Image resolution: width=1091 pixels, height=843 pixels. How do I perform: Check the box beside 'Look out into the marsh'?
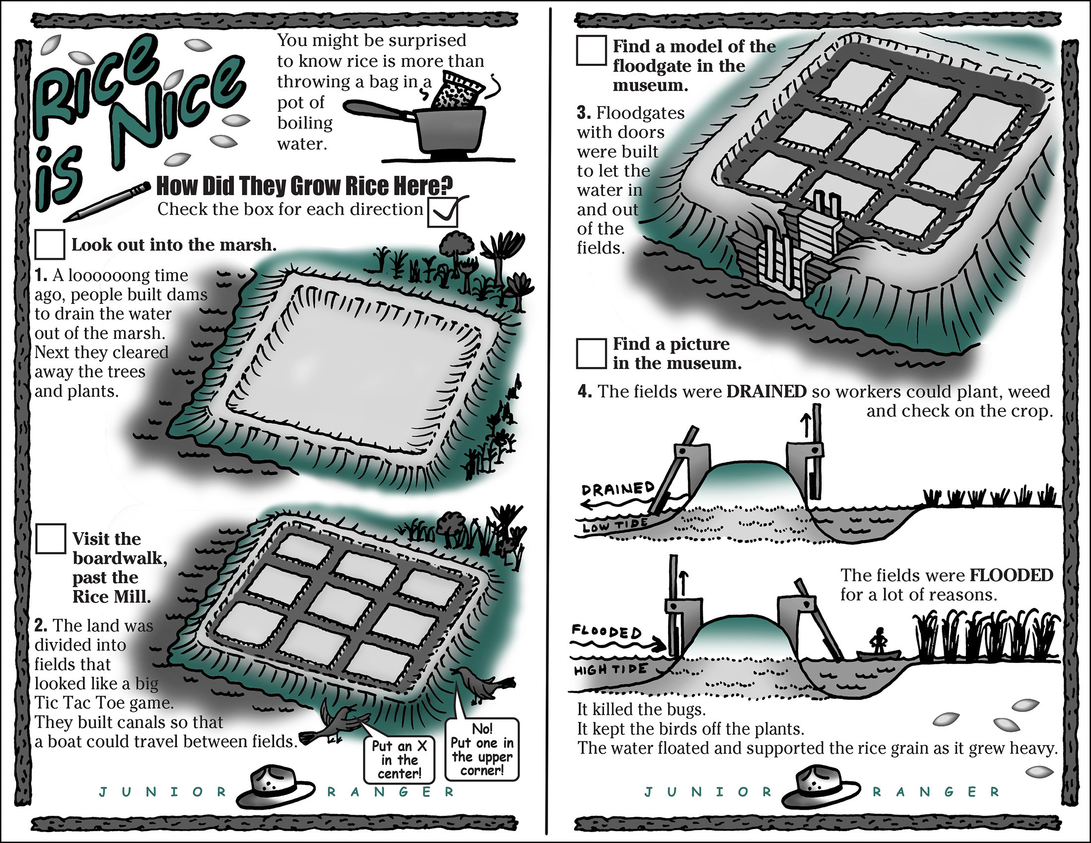point(50,244)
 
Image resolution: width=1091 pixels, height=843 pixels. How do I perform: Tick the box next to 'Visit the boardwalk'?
point(51,539)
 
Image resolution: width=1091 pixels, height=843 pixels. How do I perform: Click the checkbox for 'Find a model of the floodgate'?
point(592,50)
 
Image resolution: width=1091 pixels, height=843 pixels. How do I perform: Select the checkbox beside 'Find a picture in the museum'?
point(592,354)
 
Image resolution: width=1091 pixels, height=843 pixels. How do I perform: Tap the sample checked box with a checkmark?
point(442,212)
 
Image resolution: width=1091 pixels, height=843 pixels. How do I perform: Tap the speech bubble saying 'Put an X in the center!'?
point(399,759)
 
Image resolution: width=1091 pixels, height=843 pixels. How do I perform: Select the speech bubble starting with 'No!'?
point(482,749)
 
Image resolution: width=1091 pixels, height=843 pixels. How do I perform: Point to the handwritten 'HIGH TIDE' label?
point(610,670)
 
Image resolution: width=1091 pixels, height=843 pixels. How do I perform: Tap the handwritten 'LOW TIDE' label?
point(615,525)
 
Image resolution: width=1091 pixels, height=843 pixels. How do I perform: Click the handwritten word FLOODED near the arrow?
point(606,631)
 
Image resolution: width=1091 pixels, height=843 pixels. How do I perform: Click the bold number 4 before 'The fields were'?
point(585,391)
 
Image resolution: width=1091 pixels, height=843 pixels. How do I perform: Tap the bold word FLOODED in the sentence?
point(1011,575)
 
